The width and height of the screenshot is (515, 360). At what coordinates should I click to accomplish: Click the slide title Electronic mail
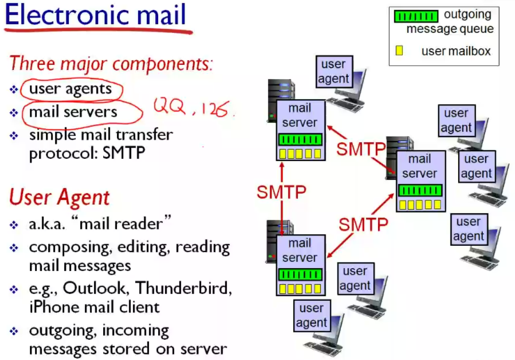pos(95,16)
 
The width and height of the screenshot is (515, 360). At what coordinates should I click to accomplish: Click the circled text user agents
pos(70,89)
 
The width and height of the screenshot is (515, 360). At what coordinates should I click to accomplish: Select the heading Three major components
pos(111,63)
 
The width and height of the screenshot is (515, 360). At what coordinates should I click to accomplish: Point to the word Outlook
pos(93,288)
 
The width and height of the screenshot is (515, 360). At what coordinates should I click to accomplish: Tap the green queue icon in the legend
pos(416,17)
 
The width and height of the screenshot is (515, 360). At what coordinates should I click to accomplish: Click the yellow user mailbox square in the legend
pos(399,50)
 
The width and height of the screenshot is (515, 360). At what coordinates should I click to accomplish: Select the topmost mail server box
pos(300,130)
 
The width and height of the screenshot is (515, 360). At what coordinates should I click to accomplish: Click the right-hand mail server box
pos(420,181)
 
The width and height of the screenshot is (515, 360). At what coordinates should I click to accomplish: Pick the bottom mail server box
pos(300,265)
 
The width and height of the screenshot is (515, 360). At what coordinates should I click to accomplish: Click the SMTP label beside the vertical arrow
pos(281,193)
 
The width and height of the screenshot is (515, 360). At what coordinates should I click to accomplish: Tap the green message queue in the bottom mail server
pos(300,274)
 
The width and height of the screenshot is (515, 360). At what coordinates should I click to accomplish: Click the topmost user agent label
pos(334,72)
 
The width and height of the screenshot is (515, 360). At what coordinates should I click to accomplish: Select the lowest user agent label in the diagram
pos(312,315)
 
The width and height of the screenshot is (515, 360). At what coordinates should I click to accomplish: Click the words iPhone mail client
pos(94,307)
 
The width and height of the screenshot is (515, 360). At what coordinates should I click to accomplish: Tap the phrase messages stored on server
pos(128,349)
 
